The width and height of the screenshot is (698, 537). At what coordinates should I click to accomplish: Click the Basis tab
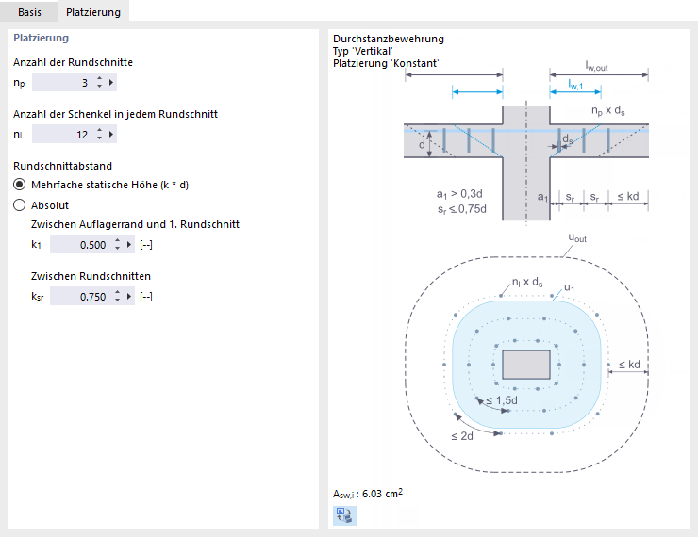pyautogui.click(x=29, y=13)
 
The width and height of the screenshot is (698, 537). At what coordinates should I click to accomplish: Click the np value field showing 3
pyautogui.click(x=62, y=83)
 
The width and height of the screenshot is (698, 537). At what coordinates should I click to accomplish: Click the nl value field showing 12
pyautogui.click(x=62, y=135)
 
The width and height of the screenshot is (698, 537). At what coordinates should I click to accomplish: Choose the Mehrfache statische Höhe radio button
pyautogui.click(x=19, y=185)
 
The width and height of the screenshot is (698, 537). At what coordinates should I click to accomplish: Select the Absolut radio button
pyautogui.click(x=19, y=204)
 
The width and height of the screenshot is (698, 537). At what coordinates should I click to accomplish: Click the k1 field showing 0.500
pyautogui.click(x=80, y=245)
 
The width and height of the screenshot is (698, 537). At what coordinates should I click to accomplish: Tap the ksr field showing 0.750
pyautogui.click(x=80, y=297)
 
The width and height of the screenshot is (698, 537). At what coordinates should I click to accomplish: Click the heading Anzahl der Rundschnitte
pyautogui.click(x=73, y=62)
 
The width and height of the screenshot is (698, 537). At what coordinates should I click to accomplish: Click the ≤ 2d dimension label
pyautogui.click(x=461, y=435)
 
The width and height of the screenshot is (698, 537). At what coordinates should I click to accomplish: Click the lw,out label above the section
pyautogui.click(x=599, y=65)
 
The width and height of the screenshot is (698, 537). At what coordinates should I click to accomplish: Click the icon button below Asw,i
pyautogui.click(x=344, y=514)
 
